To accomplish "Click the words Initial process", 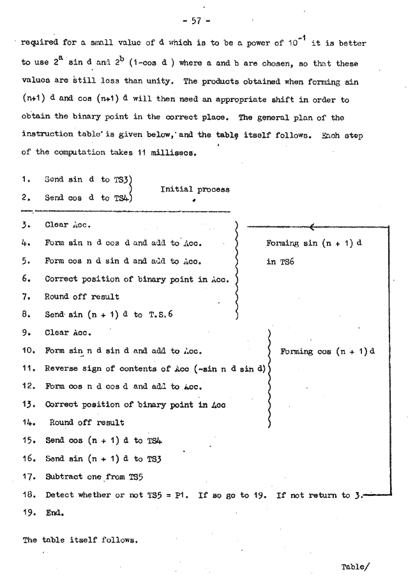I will pyautogui.click(x=195, y=189).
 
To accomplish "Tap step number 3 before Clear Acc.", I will pyautogui.click(x=27, y=225).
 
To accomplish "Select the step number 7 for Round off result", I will pyautogui.click(x=27, y=296).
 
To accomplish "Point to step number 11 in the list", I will pyautogui.click(x=29, y=368).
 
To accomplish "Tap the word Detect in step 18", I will pyautogui.click(x=61, y=493).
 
